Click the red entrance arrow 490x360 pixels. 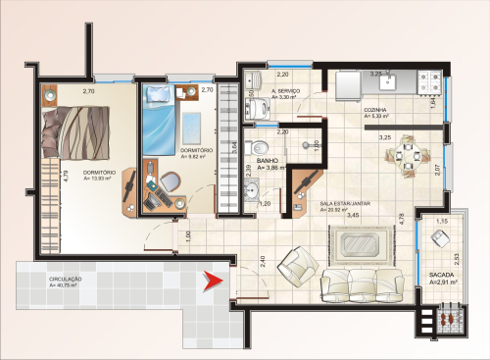click(208, 284)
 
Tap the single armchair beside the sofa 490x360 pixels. click(295, 266)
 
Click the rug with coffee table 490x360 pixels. click(357, 241)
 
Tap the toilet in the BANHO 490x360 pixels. click(313, 144)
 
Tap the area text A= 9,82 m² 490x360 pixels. click(197, 156)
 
